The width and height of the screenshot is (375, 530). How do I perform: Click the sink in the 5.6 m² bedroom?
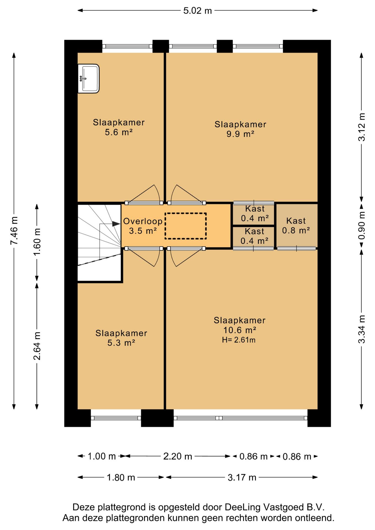tap(88, 79)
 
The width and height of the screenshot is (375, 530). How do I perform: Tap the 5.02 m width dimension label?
tap(197, 11)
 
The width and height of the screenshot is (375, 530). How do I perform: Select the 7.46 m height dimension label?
tap(14, 231)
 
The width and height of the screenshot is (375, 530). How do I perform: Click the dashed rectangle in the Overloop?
tap(186, 226)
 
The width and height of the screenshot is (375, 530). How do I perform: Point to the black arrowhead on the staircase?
tap(116, 224)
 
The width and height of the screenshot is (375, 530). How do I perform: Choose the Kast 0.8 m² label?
tap(296, 225)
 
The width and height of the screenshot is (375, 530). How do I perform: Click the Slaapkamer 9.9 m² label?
tap(240, 129)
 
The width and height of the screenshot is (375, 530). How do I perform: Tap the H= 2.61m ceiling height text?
tap(239, 340)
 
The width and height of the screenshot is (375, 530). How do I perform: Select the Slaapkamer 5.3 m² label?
tap(121, 338)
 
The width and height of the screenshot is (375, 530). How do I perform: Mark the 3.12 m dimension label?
tap(361, 127)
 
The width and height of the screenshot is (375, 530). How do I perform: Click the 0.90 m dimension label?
tap(361, 226)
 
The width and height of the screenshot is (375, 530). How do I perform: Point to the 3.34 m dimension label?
tap(361, 329)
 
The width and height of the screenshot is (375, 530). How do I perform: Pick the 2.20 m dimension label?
tap(178, 456)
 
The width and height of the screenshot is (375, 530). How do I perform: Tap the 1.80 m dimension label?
tap(121, 477)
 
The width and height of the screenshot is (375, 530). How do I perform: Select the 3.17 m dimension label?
tap(242, 477)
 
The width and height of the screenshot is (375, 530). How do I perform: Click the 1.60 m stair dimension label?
tap(37, 242)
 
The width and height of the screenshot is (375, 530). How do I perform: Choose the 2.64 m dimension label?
tap(37, 346)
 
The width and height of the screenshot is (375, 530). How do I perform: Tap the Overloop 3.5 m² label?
tap(143, 226)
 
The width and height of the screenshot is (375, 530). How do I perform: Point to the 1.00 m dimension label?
tap(102, 456)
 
